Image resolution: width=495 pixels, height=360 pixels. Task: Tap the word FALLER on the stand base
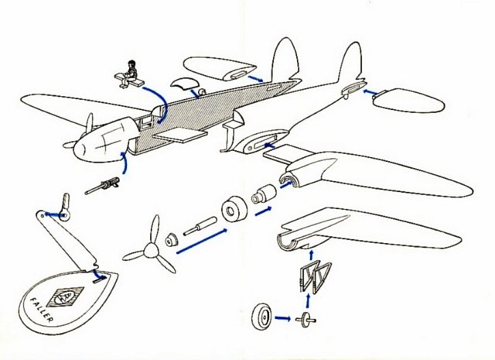pyautogui.click(x=41, y=310)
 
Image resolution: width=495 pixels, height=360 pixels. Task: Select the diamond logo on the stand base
pyautogui.click(x=65, y=297)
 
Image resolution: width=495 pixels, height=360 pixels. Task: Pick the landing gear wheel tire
pyautogui.click(x=262, y=316)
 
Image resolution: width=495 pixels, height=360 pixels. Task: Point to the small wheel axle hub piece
pyautogui.click(x=306, y=320)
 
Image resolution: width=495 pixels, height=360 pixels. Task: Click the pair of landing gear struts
pyautogui.click(x=315, y=276)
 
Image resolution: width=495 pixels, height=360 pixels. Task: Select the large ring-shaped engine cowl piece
pyautogui.click(x=234, y=210)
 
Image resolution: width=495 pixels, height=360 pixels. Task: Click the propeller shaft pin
pyautogui.click(x=200, y=225)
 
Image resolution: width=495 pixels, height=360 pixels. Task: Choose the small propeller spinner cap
pyautogui.click(x=172, y=240)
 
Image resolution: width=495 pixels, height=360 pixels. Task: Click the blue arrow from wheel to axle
pyautogui.click(x=283, y=318)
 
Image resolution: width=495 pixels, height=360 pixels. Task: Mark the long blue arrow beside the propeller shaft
pyautogui.click(x=202, y=241)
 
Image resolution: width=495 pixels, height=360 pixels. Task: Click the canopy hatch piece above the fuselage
pyautogui.click(x=185, y=82)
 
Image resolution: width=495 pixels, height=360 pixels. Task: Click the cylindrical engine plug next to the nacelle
pyautogui.click(x=265, y=193)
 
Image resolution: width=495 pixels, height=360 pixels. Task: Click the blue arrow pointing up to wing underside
pyautogui.click(x=312, y=255)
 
